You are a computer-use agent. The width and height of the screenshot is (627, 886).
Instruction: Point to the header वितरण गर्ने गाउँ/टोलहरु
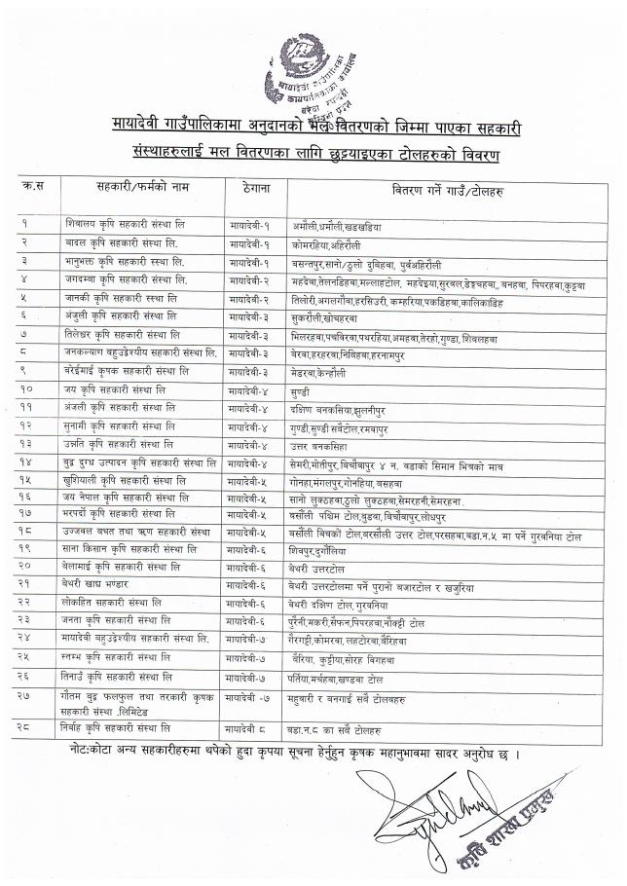click(447, 185)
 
